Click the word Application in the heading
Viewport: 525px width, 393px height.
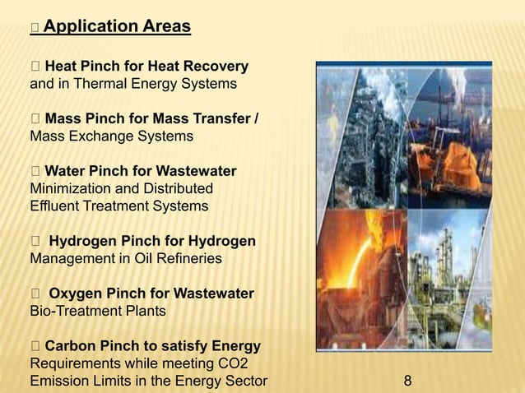[x=81, y=27]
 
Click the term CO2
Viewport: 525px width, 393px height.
[x=235, y=363]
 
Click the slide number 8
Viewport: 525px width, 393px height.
[x=408, y=381]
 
